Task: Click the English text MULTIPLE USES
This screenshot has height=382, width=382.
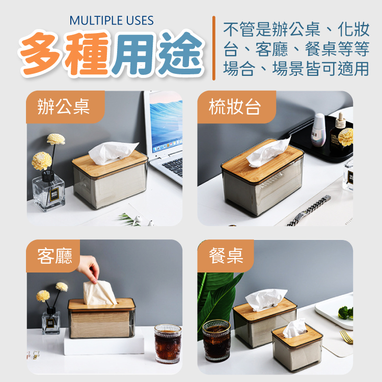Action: [112, 20]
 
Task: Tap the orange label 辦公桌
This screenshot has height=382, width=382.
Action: [64, 107]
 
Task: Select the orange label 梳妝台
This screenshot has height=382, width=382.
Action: [235, 107]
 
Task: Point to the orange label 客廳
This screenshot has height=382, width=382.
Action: [54, 256]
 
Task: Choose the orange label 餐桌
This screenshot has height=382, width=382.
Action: [226, 256]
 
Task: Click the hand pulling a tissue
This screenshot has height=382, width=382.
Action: [89, 268]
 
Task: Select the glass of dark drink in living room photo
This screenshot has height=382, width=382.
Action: [168, 343]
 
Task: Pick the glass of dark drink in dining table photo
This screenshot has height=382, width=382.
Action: [216, 340]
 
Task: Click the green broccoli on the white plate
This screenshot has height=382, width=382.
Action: [345, 313]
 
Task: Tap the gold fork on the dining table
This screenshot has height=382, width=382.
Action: [346, 337]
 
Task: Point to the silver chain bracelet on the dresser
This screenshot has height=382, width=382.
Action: [309, 210]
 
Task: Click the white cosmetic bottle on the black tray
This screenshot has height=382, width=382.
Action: [319, 130]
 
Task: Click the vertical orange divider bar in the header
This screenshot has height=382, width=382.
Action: [213, 48]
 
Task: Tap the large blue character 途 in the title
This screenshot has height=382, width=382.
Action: [180, 53]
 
